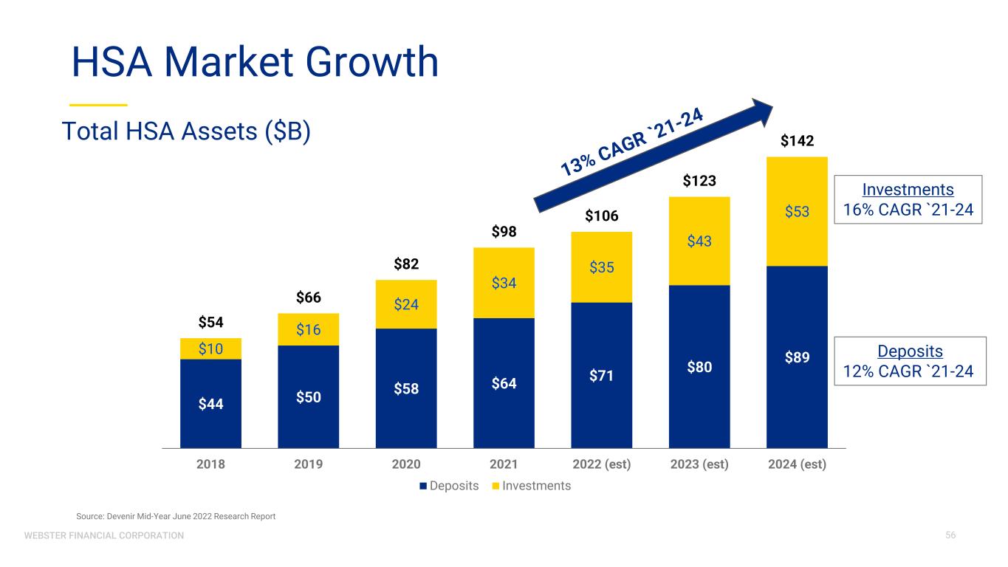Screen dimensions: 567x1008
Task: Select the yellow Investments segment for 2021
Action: tap(504, 283)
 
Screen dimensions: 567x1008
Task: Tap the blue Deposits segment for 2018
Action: tap(210, 403)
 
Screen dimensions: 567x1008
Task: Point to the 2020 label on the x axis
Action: tap(405, 464)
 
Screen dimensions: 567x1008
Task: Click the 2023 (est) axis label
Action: tap(699, 464)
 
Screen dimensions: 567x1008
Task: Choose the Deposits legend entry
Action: tap(449, 486)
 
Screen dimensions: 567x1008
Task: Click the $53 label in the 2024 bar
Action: tap(797, 212)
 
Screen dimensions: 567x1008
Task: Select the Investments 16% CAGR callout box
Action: tap(908, 199)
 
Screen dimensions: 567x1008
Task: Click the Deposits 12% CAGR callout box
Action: tap(908, 361)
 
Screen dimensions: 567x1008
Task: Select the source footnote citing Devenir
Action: tap(176, 517)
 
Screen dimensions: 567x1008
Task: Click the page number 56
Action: tap(950, 535)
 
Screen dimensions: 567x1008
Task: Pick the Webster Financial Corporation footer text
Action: tap(104, 535)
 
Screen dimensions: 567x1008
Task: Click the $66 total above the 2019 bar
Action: tap(308, 298)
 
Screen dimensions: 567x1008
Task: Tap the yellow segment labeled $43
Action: tap(699, 241)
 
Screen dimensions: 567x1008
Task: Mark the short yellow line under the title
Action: tap(99, 104)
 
